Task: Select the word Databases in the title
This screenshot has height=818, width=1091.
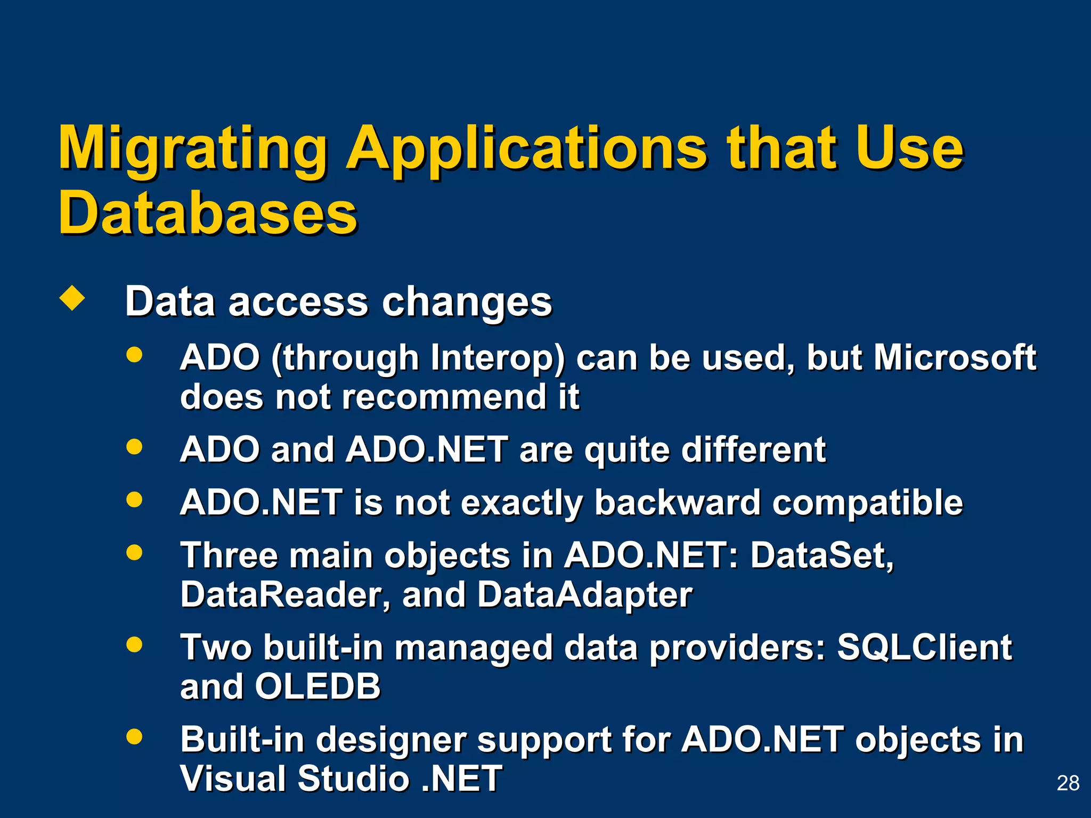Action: (x=208, y=213)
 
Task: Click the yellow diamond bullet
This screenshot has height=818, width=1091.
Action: (x=72, y=299)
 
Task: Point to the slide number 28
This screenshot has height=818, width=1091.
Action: (x=1068, y=783)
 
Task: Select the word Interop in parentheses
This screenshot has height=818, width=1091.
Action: (x=498, y=358)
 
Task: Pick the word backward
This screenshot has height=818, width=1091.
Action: (x=677, y=502)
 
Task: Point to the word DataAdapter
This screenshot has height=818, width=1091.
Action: (x=584, y=595)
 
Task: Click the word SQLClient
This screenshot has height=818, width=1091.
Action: (x=924, y=648)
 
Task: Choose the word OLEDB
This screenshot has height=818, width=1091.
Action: (x=317, y=686)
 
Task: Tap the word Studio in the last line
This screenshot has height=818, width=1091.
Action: (x=353, y=779)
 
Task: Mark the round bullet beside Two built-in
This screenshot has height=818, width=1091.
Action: (x=134, y=644)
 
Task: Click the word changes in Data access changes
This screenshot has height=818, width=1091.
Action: (x=467, y=302)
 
